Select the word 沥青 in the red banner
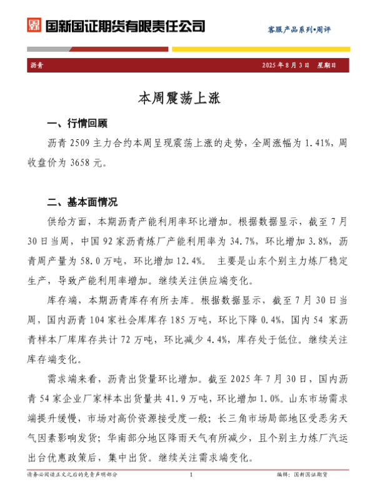pos(37,64)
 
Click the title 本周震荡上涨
pos(187,97)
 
